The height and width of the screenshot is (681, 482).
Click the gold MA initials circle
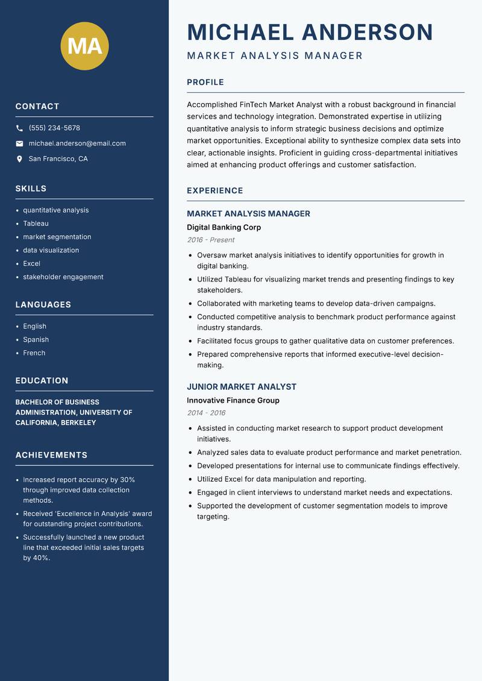coord(84,46)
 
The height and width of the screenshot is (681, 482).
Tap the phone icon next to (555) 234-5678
coord(19,128)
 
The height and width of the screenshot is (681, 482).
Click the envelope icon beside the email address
coord(19,143)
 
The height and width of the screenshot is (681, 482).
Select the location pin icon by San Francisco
coord(19,159)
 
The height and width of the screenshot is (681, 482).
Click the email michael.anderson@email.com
coord(77,143)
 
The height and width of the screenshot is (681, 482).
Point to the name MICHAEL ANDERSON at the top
coord(310,32)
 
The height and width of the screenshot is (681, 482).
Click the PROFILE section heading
coord(205,83)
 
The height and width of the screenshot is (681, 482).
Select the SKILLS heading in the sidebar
coord(31,189)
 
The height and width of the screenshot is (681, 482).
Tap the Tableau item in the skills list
coord(36,224)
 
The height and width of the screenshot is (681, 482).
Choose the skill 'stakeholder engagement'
coord(63,277)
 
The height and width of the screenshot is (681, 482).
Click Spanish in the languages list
coord(36,340)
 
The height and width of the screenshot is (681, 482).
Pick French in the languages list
coord(34,353)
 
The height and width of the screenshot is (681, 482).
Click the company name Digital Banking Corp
coord(224,228)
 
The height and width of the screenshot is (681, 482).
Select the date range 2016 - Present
coord(210,240)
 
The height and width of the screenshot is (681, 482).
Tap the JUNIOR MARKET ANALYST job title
coord(241,387)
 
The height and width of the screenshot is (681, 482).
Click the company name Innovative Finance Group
coord(233,401)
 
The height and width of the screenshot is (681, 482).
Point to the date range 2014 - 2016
coord(205,413)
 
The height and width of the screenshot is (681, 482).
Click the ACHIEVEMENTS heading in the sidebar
coord(51,455)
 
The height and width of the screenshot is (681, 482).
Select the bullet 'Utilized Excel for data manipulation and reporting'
coord(281,479)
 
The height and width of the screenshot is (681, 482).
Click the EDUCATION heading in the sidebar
coord(42,381)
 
